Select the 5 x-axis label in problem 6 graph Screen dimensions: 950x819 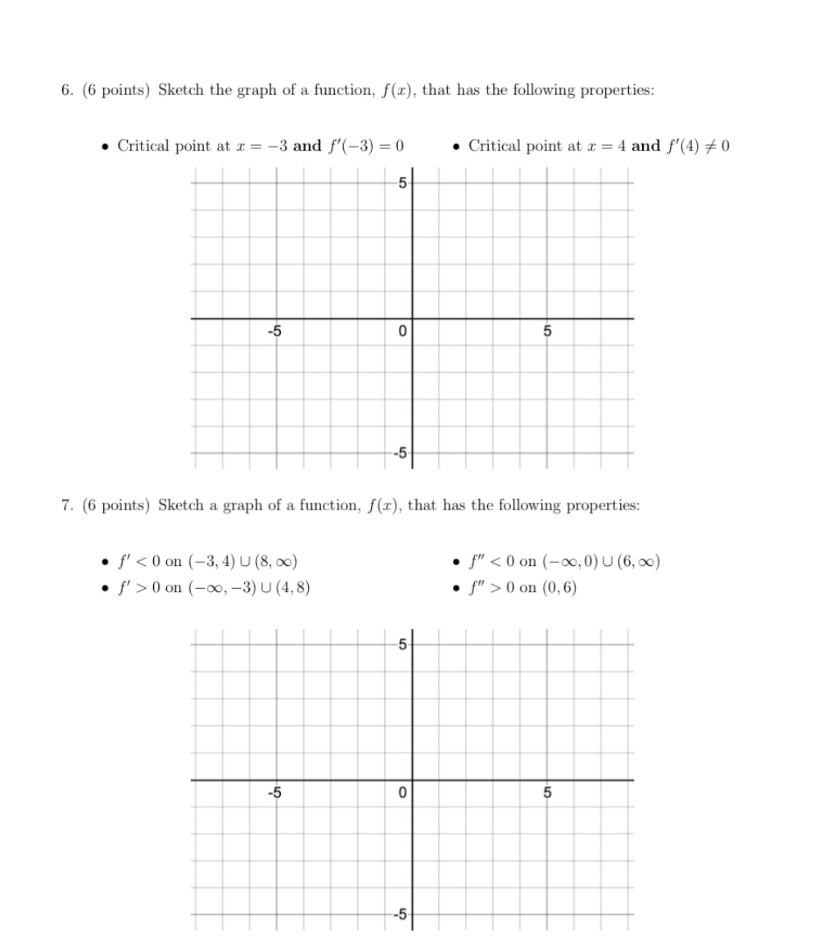[x=548, y=332]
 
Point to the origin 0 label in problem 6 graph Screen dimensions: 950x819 [x=401, y=332]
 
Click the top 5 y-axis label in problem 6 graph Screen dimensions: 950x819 [x=401, y=183]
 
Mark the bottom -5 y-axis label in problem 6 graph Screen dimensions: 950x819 [x=399, y=453]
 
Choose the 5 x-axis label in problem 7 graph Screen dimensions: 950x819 [x=548, y=793]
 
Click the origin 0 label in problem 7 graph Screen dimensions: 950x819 [x=401, y=793]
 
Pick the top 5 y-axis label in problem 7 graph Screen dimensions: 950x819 [x=401, y=644]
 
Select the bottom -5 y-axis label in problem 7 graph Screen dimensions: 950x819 [x=399, y=914]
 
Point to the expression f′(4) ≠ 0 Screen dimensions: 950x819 [x=698, y=147]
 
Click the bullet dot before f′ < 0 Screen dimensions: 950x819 [x=105, y=563]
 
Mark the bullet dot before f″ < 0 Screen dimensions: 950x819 [x=456, y=563]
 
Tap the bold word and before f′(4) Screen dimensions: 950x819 [x=646, y=147]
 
